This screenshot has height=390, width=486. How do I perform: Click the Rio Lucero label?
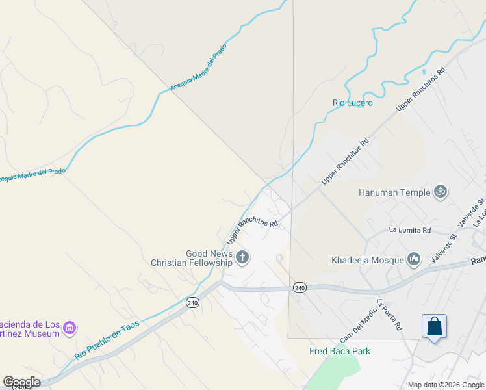pyautogui.click(x=353, y=103)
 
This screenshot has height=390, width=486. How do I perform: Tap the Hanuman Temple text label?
pyautogui.click(x=394, y=192)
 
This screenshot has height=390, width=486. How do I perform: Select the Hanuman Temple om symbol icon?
pyautogui.click(x=441, y=192)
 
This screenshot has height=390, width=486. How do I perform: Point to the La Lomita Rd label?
pyautogui.click(x=410, y=230)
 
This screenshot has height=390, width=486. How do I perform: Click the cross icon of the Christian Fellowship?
pyautogui.click(x=242, y=258)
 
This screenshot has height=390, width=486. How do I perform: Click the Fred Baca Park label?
pyautogui.click(x=339, y=352)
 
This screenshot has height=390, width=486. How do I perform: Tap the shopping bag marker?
pyautogui.click(x=434, y=327)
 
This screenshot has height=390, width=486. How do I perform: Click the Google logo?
pyautogui.click(x=21, y=382)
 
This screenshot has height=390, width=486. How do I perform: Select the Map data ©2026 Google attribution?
pyautogui.click(x=446, y=385)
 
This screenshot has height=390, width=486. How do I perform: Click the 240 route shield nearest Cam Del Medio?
pyautogui.click(x=299, y=288)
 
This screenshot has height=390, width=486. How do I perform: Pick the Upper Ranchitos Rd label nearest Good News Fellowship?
pyautogui.click(x=253, y=231)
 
